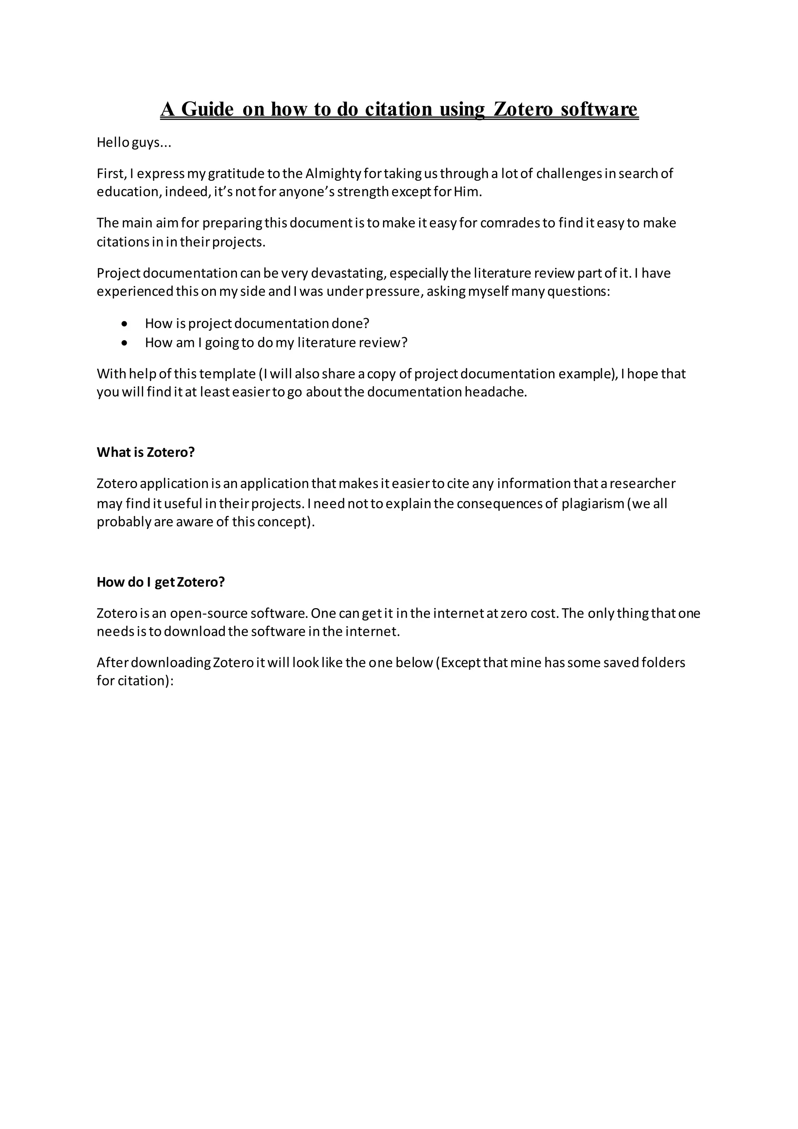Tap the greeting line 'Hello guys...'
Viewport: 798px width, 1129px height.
click(134, 143)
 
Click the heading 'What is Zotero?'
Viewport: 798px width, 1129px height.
click(145, 452)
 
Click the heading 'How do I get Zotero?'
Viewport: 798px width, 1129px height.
click(161, 582)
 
